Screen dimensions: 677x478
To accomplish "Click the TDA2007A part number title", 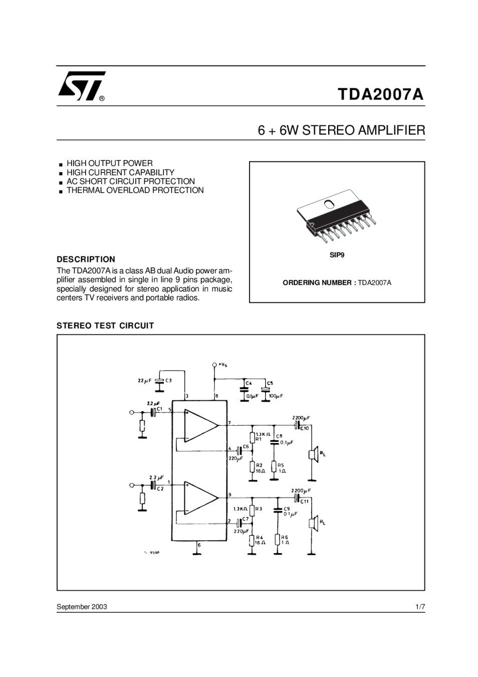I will click(x=380, y=94).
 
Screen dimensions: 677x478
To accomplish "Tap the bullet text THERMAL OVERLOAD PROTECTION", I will click(x=135, y=191).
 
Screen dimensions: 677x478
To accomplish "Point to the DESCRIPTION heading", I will click(x=86, y=259).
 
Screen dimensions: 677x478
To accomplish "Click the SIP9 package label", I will click(x=337, y=255).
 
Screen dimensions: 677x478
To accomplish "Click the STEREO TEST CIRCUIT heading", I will click(x=105, y=326).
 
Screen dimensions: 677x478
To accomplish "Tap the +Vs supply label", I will click(x=222, y=365).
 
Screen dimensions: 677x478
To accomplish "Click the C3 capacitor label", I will click(x=169, y=380).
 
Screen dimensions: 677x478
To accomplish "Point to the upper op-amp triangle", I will click(x=200, y=425).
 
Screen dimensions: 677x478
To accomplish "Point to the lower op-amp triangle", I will click(x=200, y=498).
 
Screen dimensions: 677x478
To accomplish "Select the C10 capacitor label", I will click(x=305, y=428).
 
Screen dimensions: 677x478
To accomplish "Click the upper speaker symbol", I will click(x=312, y=454).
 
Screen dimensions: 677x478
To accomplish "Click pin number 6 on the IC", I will click(x=199, y=544).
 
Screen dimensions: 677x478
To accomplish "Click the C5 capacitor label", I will click(x=270, y=383).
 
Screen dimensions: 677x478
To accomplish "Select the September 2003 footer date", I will click(x=82, y=607).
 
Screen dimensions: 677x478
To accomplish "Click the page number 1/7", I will click(x=420, y=607).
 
